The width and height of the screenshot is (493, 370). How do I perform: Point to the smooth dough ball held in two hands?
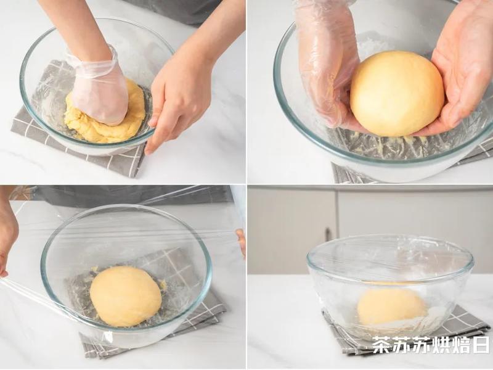point(397,94)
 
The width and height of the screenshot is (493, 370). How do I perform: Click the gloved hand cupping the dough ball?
point(327,63)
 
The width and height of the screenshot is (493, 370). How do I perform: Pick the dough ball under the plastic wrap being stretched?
point(126,297)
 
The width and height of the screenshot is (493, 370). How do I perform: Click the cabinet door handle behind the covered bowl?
point(328,235)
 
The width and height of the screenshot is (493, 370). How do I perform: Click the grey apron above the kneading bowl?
point(176,11)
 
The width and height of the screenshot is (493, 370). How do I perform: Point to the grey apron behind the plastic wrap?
point(132,195)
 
